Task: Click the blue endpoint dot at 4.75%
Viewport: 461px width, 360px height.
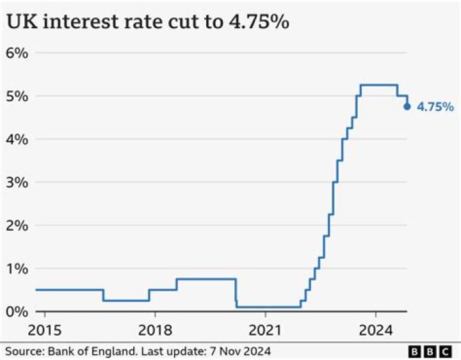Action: (407, 106)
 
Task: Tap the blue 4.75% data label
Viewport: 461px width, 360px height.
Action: (435, 107)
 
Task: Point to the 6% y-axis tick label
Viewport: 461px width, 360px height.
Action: (17, 53)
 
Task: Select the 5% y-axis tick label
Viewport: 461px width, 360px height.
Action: (17, 96)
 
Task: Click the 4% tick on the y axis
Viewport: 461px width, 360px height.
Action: (17, 139)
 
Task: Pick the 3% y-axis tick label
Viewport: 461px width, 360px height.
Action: (17, 182)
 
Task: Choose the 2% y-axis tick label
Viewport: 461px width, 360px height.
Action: (17, 225)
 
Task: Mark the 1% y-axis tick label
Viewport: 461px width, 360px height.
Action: (17, 268)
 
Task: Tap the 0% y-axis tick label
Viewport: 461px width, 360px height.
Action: (17, 311)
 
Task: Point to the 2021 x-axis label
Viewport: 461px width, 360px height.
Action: (265, 331)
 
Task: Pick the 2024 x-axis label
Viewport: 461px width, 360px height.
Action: (375, 331)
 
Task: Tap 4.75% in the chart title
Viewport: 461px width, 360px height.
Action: (255, 22)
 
